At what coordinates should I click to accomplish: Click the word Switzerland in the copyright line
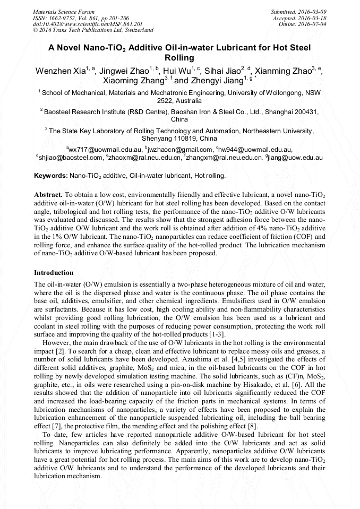137,30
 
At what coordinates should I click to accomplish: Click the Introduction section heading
54,272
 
